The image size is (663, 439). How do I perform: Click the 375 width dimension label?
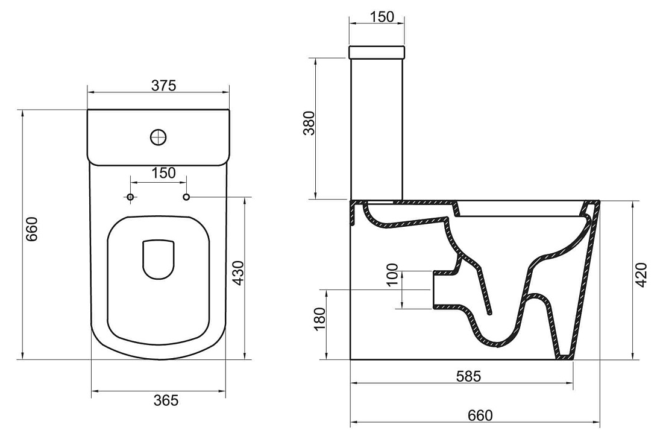(x=163, y=86)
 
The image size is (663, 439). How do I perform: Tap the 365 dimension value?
(x=166, y=400)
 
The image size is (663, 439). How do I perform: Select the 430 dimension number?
(x=239, y=273)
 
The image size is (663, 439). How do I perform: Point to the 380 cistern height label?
(x=310, y=123)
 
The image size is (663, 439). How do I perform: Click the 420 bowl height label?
(x=641, y=276)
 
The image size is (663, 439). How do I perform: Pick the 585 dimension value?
(x=469, y=376)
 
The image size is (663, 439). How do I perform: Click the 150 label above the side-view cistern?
(x=382, y=17)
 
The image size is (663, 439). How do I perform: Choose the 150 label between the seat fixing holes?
(x=163, y=173)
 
